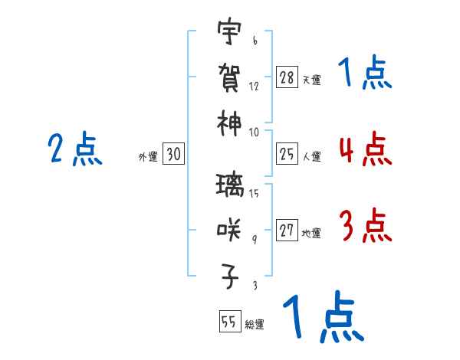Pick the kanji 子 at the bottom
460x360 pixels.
[x=228, y=274]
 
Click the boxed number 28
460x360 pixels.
[x=287, y=77]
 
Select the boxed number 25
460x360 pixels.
[x=287, y=155]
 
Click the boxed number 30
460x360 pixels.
[x=173, y=155]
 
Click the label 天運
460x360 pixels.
[x=311, y=80]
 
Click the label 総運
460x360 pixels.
[x=255, y=324]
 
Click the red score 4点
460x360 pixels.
[x=364, y=149]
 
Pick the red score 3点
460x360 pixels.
[x=364, y=226]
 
